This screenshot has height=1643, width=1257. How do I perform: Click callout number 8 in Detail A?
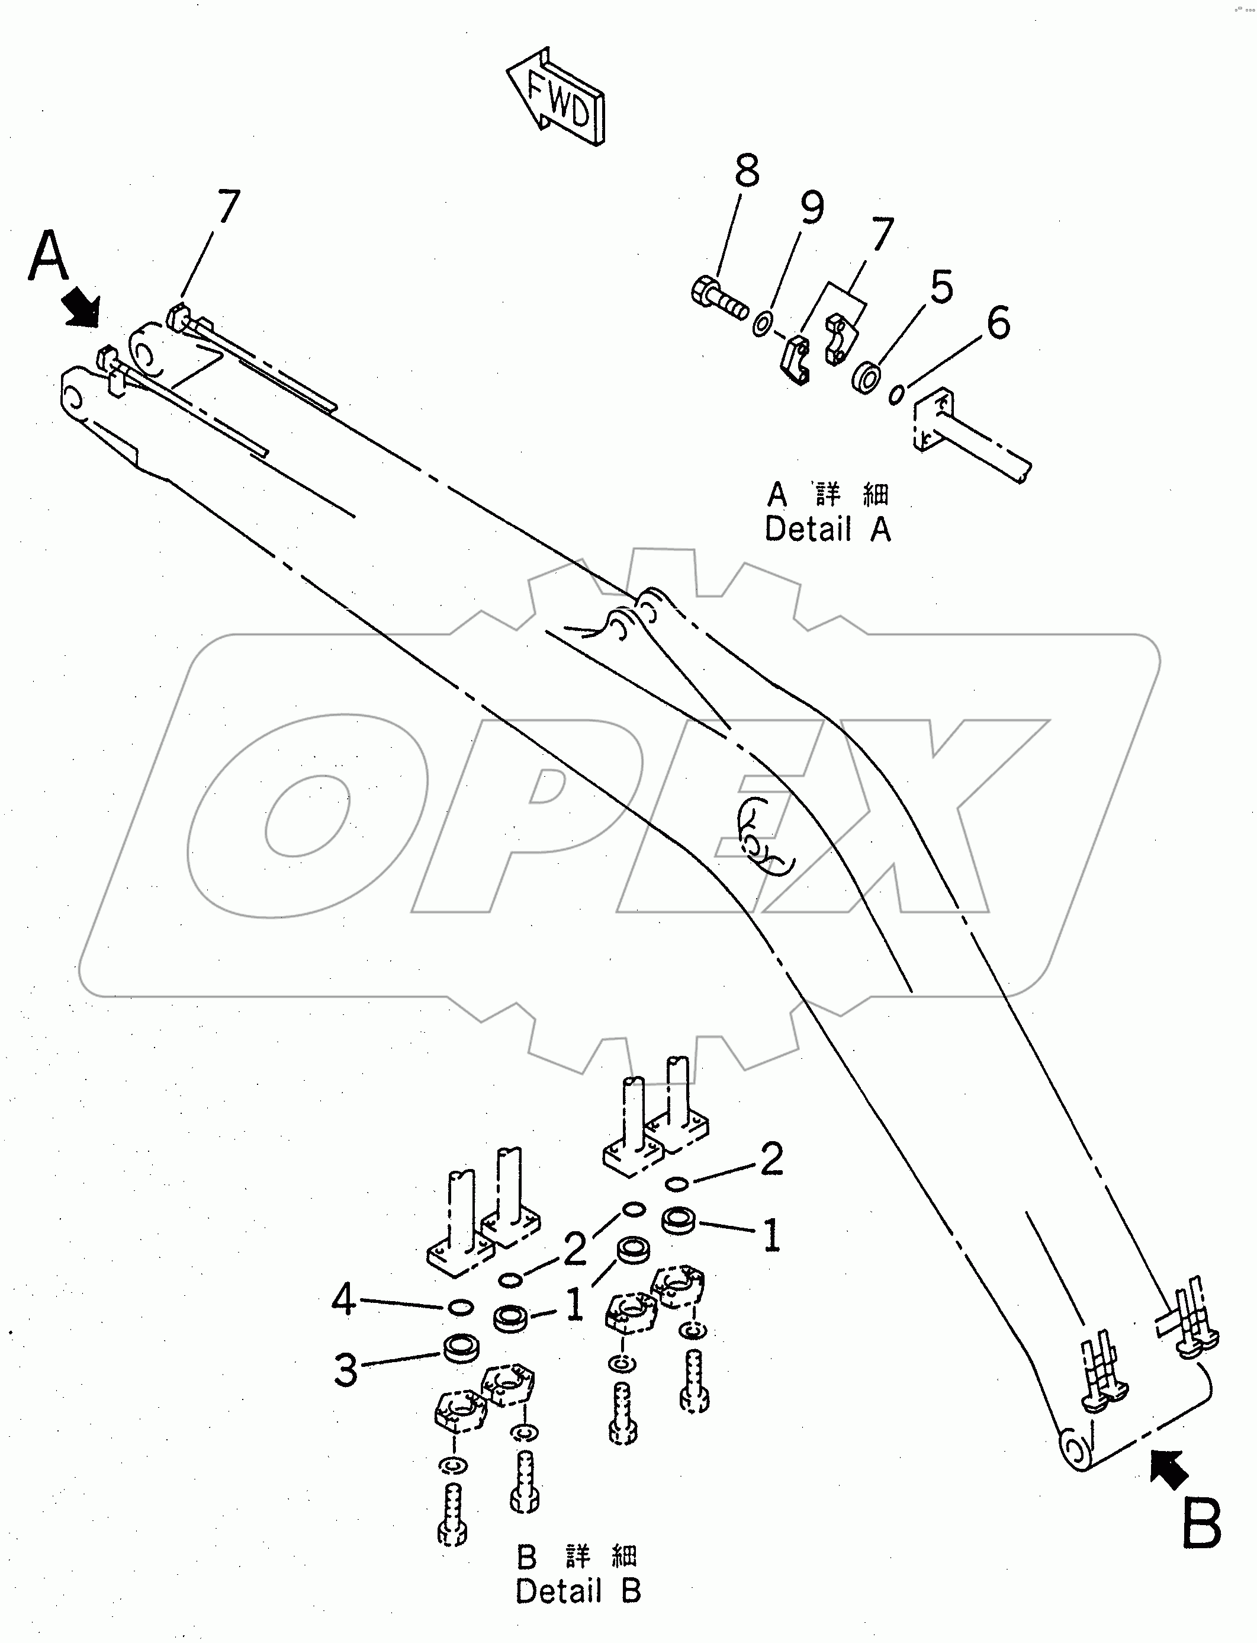click(x=746, y=171)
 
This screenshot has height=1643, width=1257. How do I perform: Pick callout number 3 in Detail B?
click(x=345, y=1370)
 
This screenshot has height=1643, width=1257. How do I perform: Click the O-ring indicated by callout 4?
click(x=459, y=1308)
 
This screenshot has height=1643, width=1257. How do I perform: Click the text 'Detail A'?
click(x=828, y=529)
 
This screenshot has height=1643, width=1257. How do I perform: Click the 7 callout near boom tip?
click(x=228, y=207)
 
